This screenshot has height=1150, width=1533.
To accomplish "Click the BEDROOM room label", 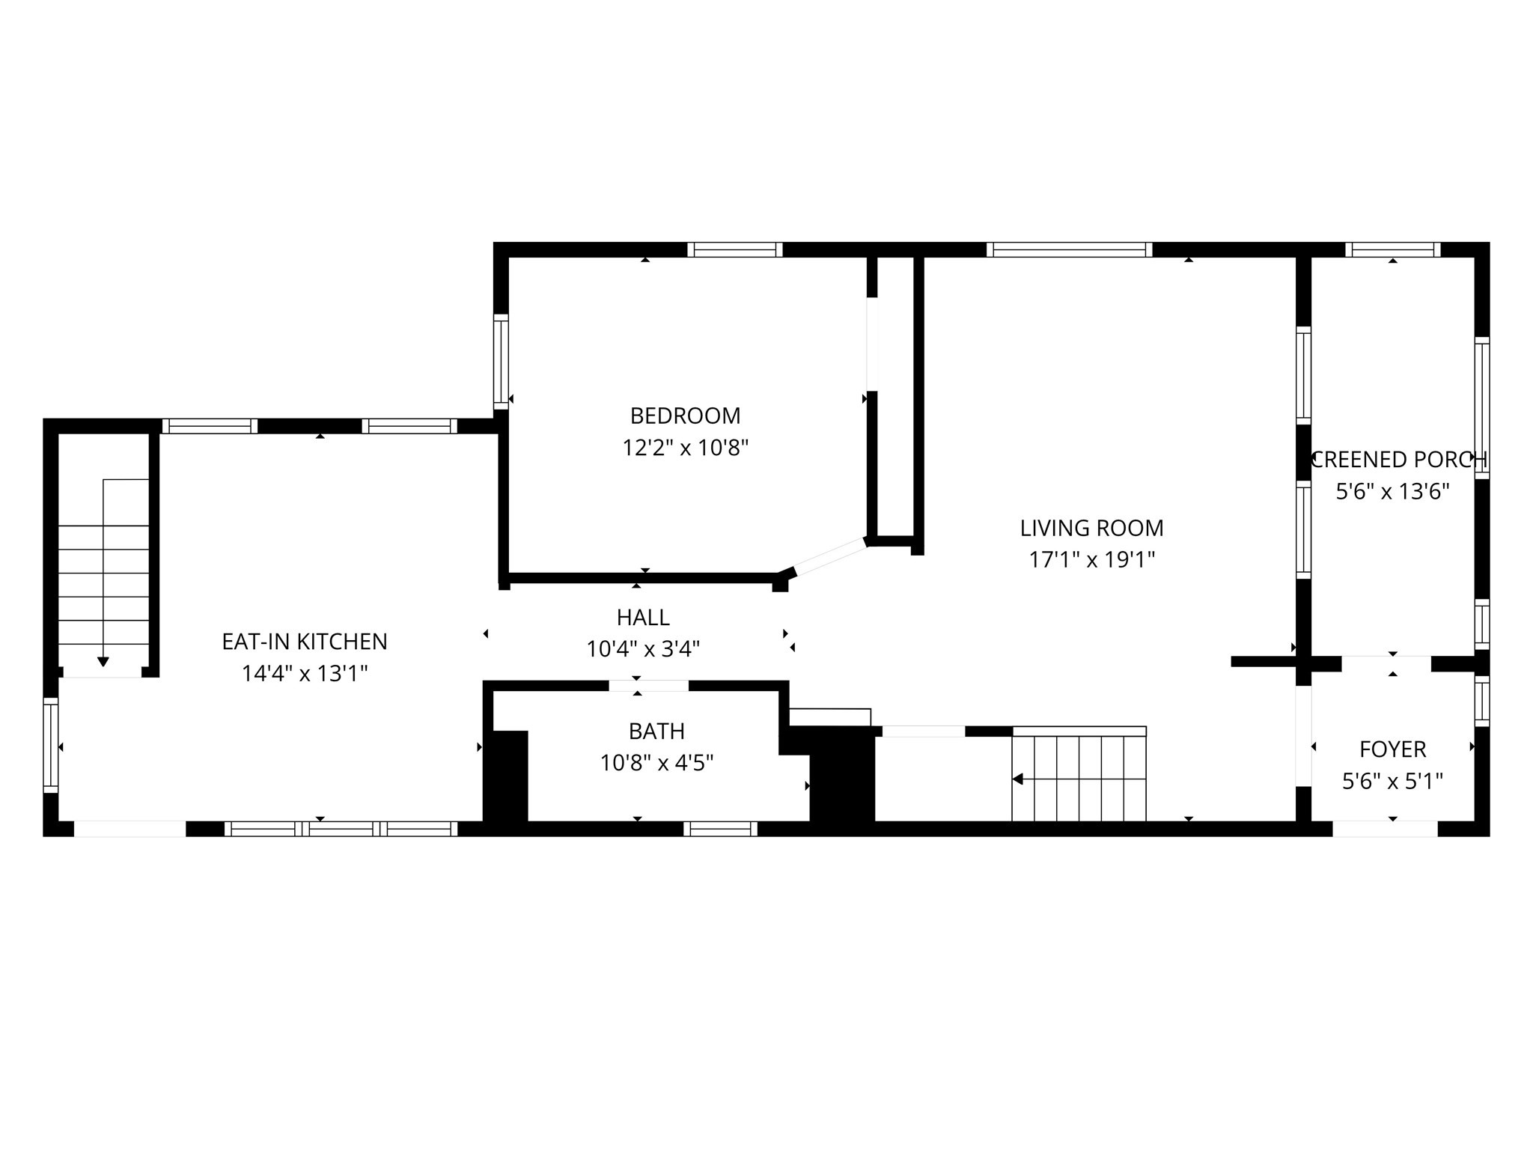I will tap(685, 416).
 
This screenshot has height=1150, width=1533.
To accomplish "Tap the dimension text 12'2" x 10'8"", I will tap(685, 448).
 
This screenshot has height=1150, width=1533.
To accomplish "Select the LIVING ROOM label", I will tap(1091, 528).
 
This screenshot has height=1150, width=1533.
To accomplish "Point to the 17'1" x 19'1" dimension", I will tap(1091, 560).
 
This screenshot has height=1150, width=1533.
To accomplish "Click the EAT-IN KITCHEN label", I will tap(305, 642).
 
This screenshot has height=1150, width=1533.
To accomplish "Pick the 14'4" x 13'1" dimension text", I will tap(305, 674).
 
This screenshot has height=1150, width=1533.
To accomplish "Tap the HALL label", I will tap(643, 618).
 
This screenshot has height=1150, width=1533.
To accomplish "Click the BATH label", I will tap(656, 731).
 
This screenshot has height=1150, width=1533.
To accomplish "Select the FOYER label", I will tap(1392, 749).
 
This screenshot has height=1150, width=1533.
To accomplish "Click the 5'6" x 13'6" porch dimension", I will tap(1392, 492).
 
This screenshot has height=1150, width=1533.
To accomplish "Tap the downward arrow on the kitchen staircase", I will tap(103, 661).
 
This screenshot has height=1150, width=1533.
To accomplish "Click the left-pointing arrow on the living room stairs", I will tap(1018, 779).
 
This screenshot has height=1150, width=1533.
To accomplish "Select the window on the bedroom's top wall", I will tap(735, 249).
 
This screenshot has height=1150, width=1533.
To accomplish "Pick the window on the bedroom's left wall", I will tap(501, 362).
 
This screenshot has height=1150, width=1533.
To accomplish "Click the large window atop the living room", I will tap(1069, 249).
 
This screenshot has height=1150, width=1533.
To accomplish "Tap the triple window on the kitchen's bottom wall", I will tap(341, 829).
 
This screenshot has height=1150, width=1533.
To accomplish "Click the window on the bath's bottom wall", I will tap(720, 829).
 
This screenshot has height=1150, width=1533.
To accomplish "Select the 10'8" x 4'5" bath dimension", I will tap(656, 764).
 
